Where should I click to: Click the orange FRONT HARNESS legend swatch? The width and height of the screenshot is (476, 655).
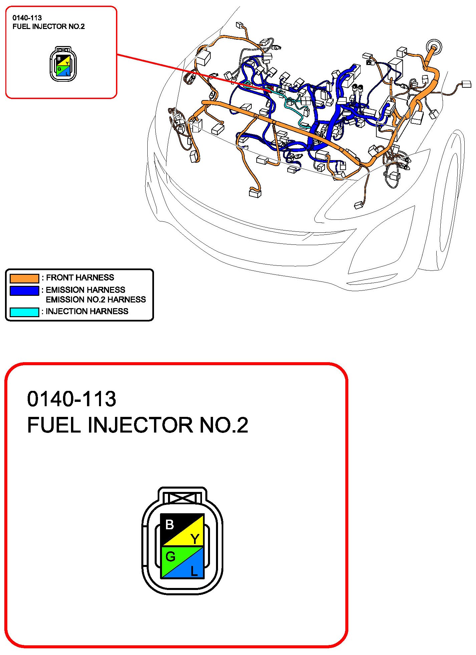[24, 278]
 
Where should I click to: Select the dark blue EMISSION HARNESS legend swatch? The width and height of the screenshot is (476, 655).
[24, 290]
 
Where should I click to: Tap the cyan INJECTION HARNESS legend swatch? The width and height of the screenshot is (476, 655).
[24, 312]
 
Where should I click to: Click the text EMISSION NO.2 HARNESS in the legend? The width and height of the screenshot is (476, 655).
[96, 299]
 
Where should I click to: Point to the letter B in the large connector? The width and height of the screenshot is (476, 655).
[170, 525]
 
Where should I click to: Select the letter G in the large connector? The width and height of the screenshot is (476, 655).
[170, 556]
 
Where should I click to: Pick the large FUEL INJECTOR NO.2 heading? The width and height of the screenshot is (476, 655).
[138, 425]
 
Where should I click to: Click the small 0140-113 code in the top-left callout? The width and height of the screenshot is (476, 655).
[27, 18]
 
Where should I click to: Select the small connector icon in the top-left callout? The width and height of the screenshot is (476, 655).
[63, 64]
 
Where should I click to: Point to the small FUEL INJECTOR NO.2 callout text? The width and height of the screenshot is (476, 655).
[49, 27]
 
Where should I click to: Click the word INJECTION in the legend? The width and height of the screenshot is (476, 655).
[66, 311]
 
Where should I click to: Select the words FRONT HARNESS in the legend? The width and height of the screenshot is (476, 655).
[80, 277]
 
